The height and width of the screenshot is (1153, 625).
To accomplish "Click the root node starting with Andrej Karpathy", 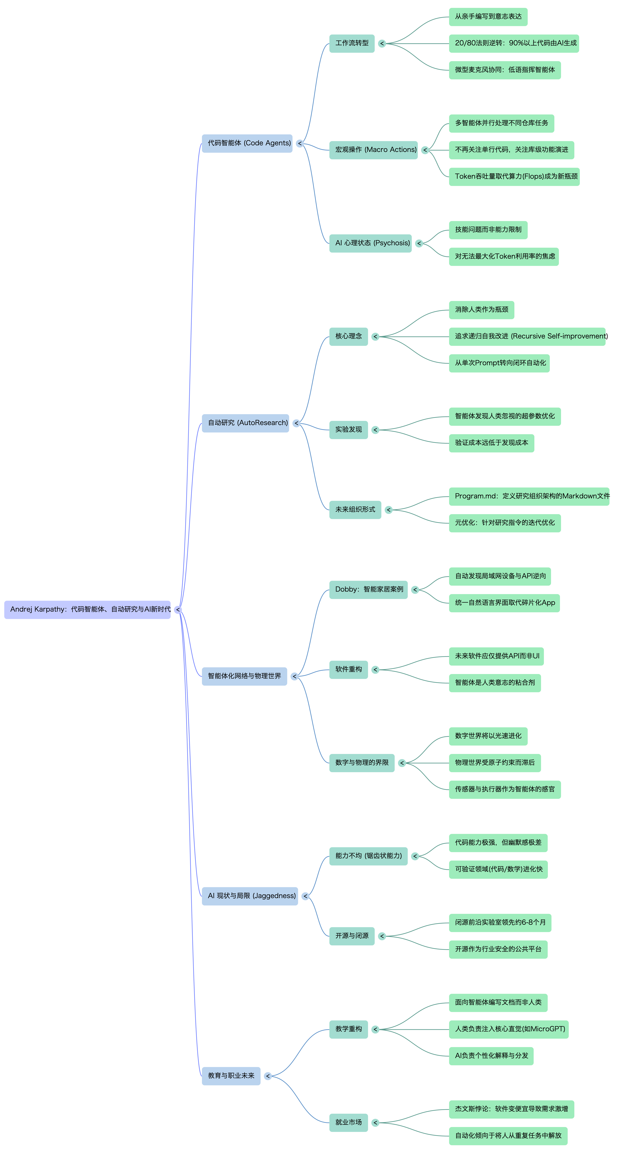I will coord(87,610).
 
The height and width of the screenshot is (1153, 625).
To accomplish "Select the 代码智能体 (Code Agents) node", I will coord(247,143).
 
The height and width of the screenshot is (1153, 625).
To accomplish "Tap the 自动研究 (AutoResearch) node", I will coord(245,423).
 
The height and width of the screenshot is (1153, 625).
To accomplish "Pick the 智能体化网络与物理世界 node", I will coord(244,676).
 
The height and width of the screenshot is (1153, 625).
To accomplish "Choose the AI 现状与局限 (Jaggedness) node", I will coord(250,896).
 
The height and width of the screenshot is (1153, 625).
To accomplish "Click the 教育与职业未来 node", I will coord(231,1076).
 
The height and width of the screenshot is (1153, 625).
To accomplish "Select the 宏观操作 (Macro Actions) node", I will coord(373,150).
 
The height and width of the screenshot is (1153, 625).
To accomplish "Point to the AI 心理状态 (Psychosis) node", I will coord(370,243).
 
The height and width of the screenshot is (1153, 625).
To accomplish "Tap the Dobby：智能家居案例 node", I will coord(368,589).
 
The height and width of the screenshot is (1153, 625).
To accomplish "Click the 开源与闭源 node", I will coord(352,936).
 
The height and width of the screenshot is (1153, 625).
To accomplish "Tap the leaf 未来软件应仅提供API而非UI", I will coord(497,656).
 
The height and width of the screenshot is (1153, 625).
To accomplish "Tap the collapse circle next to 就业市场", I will coord(375,1123).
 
